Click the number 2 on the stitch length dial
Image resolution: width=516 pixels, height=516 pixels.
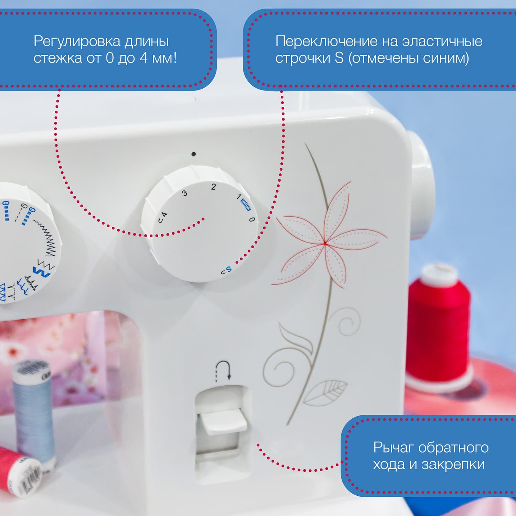coord(214,187)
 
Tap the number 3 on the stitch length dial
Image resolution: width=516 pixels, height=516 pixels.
coord(185,193)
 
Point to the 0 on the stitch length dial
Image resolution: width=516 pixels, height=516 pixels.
coord(252,219)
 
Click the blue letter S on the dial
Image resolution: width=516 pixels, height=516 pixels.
coord(229,269)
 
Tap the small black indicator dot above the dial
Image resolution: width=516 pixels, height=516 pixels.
coord(194,154)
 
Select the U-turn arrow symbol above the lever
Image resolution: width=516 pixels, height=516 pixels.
coord(223,371)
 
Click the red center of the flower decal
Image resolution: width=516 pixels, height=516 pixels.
coord(324,243)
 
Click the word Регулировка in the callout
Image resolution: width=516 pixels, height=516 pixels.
coord(77,41)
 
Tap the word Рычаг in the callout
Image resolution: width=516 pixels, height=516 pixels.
coord(392,448)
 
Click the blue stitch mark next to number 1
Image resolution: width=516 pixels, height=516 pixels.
coord(246,205)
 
